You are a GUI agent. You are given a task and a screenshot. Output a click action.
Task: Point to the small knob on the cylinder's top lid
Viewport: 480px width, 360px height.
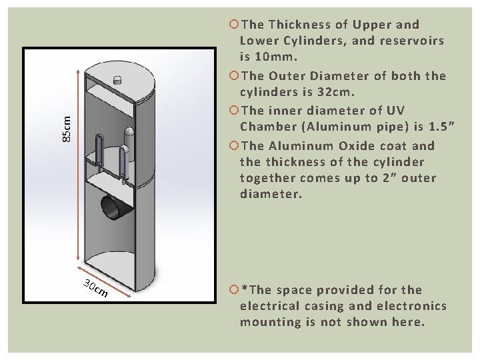(x=118, y=80)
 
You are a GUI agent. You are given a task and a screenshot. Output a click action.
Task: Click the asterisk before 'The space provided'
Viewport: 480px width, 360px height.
(x=245, y=289)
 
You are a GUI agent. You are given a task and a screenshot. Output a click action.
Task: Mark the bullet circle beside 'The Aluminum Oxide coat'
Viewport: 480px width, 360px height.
(x=233, y=145)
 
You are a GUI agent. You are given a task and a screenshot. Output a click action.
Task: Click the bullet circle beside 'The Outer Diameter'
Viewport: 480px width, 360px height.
(x=233, y=75)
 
